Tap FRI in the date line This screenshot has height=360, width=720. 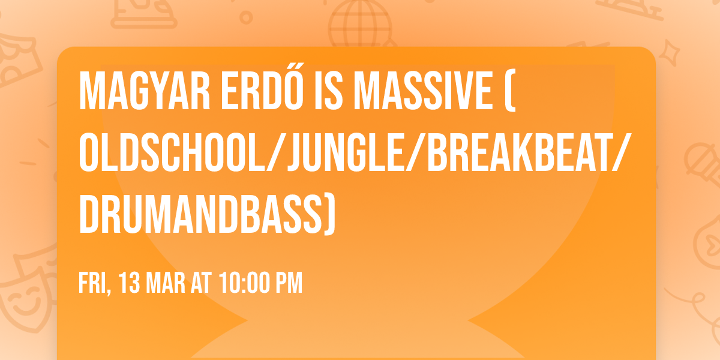92,283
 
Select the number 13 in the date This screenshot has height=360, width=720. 129,283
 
